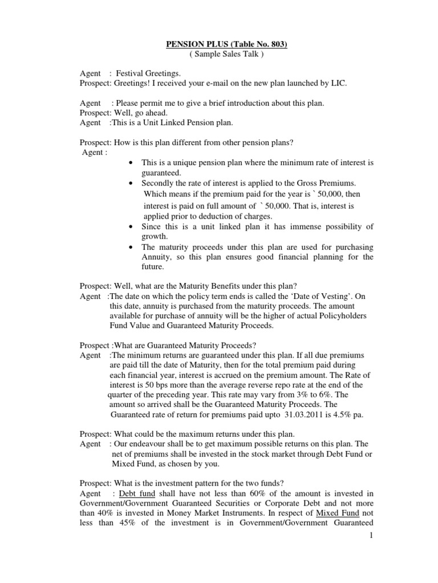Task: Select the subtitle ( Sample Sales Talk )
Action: [220, 54]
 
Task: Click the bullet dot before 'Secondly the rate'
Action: [132, 183]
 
